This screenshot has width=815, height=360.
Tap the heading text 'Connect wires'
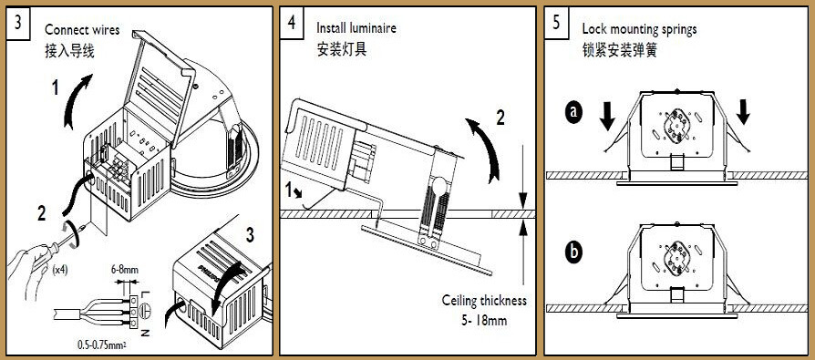tap(82, 29)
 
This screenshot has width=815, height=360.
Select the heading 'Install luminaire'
tap(356, 27)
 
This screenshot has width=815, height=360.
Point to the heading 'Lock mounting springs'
tap(639, 29)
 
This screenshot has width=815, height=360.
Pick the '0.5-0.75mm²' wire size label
tap(102, 344)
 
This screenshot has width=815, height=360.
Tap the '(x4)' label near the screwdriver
tap(61, 269)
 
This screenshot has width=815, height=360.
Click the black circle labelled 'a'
tap(573, 113)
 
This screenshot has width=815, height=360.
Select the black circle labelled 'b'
tap(573, 252)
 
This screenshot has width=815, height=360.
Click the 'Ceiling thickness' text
tap(484, 300)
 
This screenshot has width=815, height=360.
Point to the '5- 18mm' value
tap(483, 320)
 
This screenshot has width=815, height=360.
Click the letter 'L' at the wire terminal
tap(145, 295)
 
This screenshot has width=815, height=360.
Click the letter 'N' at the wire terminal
tap(145, 332)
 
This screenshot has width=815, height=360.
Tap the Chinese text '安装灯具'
tap(342, 50)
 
